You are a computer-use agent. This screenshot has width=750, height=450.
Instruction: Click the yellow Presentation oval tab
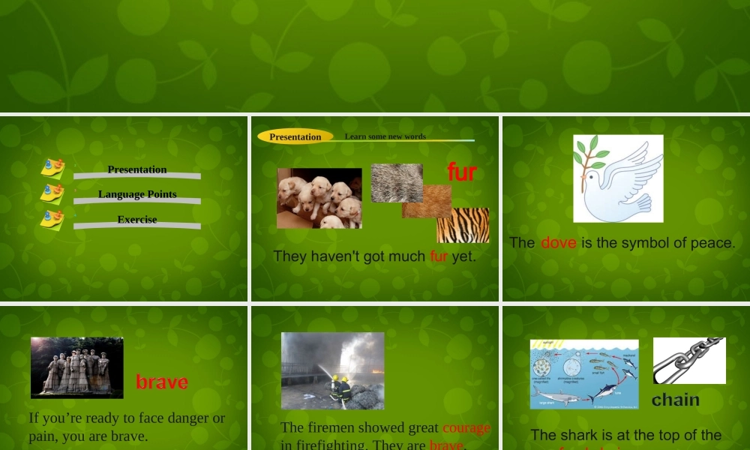point(295,136)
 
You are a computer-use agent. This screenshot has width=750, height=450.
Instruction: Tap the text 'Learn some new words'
point(385,136)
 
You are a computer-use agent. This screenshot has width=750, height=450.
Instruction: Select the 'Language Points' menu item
point(137,194)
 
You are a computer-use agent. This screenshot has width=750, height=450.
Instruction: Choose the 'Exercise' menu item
point(137,220)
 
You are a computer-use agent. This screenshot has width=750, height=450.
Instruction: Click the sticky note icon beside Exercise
point(52,220)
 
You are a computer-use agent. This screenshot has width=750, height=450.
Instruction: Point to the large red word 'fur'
point(462,172)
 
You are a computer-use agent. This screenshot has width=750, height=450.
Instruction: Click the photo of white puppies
point(319,198)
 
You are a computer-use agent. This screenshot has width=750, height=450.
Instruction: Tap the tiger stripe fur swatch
point(463,225)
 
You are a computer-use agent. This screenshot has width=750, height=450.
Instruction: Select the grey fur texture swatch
point(396,182)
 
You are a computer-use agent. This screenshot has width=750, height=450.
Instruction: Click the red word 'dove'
point(558,243)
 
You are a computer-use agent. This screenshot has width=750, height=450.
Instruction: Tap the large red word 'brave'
point(162,382)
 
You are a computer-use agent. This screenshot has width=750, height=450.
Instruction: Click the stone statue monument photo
point(76,367)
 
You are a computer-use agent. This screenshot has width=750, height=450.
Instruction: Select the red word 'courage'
point(466,427)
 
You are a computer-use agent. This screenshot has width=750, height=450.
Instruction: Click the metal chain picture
point(689,360)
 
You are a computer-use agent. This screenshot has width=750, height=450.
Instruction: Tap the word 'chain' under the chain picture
point(675,400)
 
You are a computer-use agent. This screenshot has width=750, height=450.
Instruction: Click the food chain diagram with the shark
point(583,373)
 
